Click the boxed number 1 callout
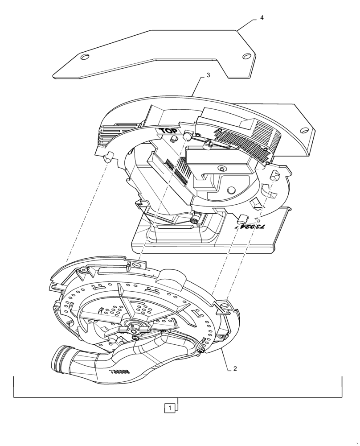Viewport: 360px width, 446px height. pyautogui.click(x=169, y=408)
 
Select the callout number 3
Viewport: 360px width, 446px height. pyautogui.click(x=208, y=76)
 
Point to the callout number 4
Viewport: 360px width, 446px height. pyautogui.click(x=262, y=17)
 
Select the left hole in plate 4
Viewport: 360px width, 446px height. pyautogui.click(x=84, y=57)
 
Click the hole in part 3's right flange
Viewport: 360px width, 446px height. pyautogui.click(x=303, y=130)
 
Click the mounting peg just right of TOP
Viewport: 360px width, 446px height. pyautogui.click(x=187, y=134)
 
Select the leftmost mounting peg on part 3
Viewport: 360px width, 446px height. pyautogui.click(x=108, y=156)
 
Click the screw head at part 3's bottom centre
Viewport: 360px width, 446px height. pyautogui.click(x=194, y=220)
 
